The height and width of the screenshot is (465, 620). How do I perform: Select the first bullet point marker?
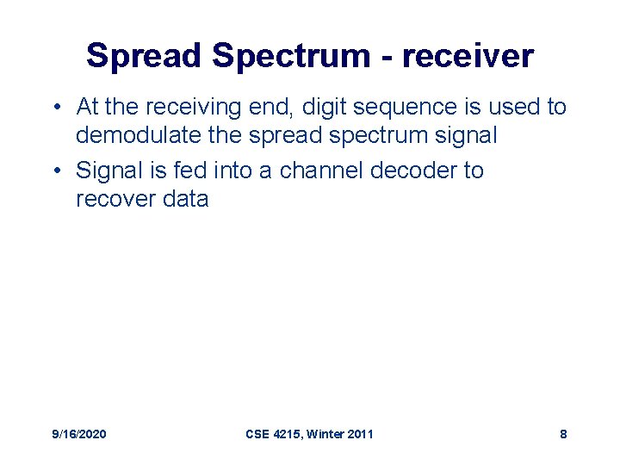click(x=54, y=108)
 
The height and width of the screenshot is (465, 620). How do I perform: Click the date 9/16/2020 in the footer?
click(x=80, y=434)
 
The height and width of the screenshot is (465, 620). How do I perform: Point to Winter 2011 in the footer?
click(x=342, y=434)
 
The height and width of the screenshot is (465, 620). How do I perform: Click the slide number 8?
click(x=563, y=434)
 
